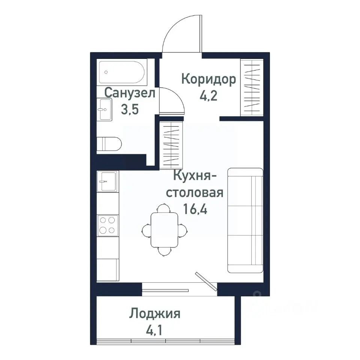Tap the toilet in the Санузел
(x=109, y=144)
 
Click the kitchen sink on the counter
(x=108, y=181)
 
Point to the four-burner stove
(x=108, y=225)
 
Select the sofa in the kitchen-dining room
(x=245, y=220)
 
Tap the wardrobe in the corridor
(x=251, y=88)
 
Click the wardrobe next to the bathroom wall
(x=171, y=144)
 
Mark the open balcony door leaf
(x=206, y=281)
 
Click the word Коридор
(x=208, y=79)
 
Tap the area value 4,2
(x=208, y=96)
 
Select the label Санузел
(x=130, y=93)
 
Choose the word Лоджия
(x=155, y=313)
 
